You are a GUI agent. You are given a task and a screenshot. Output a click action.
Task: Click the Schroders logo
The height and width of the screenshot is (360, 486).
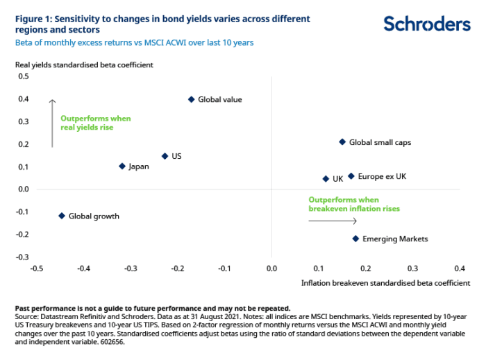427,24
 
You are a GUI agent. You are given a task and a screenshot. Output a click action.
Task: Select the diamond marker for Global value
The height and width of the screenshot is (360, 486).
192,99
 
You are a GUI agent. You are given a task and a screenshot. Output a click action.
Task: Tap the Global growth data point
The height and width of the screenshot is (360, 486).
62,216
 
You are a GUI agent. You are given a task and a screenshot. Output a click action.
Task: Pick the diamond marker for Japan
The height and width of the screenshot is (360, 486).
122,166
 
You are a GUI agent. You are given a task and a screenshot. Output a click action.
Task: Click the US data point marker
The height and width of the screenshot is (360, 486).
165,156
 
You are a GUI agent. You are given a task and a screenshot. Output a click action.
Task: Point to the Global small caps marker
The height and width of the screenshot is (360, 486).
342,142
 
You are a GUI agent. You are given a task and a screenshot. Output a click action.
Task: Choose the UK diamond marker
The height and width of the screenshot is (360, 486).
326,178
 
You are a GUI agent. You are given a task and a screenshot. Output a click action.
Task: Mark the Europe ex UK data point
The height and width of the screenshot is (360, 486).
351,176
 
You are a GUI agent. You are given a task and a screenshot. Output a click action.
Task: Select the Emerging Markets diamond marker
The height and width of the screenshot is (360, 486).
355,239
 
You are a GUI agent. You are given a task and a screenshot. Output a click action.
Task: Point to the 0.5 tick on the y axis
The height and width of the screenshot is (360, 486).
23,76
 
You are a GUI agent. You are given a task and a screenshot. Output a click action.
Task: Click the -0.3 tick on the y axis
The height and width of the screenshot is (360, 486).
22,257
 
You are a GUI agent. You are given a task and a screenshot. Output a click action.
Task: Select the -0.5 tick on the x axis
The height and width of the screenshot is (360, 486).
36,268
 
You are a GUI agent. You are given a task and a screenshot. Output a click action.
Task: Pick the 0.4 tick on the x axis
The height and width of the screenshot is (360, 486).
459,268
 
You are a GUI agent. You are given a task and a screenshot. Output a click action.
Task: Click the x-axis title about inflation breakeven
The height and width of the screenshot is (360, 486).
385,283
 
